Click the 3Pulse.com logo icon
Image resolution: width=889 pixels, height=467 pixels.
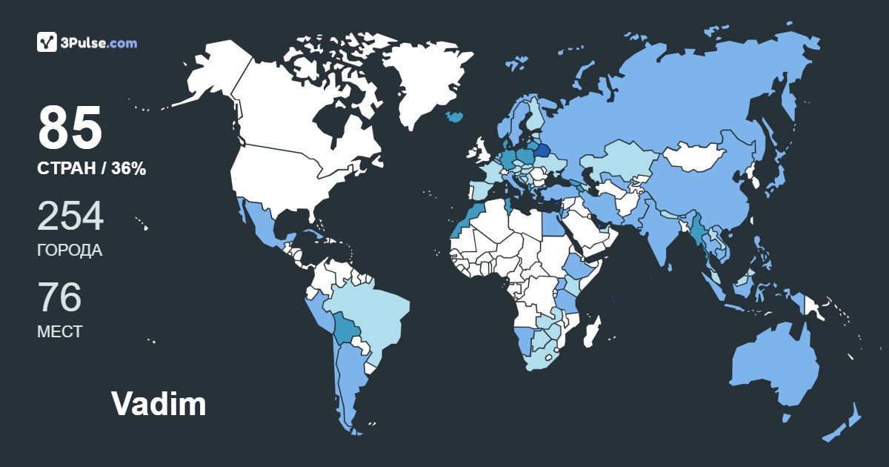tap(47, 42)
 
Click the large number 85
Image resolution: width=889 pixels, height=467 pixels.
tap(70, 128)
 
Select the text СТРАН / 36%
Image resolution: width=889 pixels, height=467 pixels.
tap(91, 169)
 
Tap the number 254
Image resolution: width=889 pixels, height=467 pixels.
tap(70, 216)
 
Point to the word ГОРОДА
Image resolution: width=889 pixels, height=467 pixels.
tap(70, 251)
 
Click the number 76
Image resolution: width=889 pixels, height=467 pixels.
tap(59, 297)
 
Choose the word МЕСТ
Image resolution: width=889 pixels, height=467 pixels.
tap(59, 331)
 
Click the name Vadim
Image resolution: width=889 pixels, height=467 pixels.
tap(159, 404)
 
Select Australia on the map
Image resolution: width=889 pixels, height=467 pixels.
tap(774, 363)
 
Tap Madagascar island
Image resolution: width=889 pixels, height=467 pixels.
tap(592, 330)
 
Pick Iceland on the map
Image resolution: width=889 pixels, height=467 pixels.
tap(455, 116)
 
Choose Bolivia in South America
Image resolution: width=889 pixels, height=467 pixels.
tap(345, 327)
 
